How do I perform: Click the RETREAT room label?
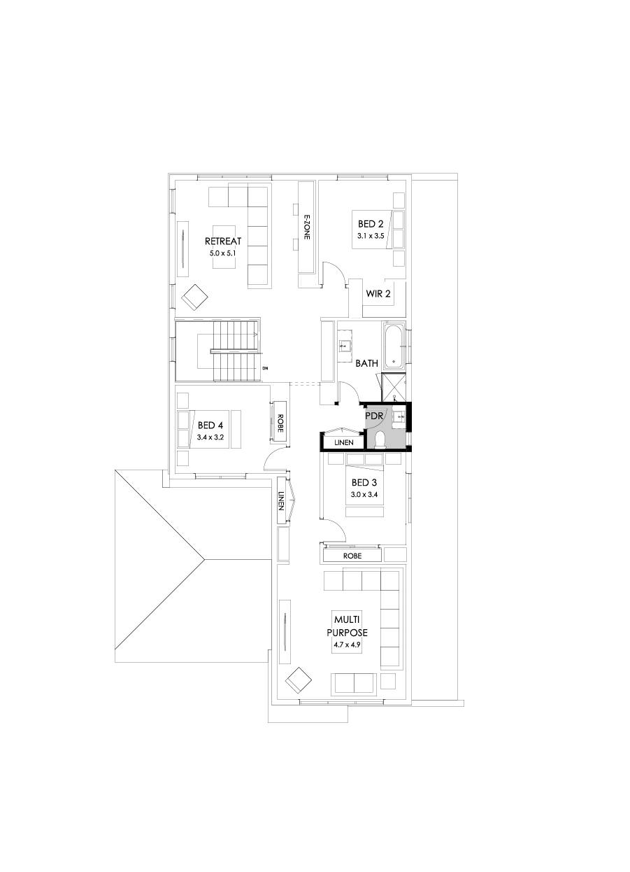click(223, 241)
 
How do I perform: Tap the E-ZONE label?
click(306, 227)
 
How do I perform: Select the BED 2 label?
click(371, 224)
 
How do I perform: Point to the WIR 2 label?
click(378, 293)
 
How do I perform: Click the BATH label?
click(366, 363)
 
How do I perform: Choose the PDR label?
click(374, 415)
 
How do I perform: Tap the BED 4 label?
click(210, 425)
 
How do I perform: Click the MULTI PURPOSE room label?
click(347, 626)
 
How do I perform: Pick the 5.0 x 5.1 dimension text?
click(223, 253)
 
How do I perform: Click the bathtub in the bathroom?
click(393, 345)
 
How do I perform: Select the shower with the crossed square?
click(393, 387)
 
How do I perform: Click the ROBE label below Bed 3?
click(352, 555)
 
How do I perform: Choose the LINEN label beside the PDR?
click(343, 442)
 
